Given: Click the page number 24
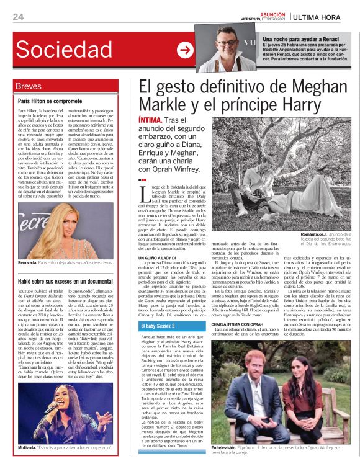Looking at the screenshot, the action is [x=18, y=16].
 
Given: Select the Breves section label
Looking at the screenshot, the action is [x=29, y=86].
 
